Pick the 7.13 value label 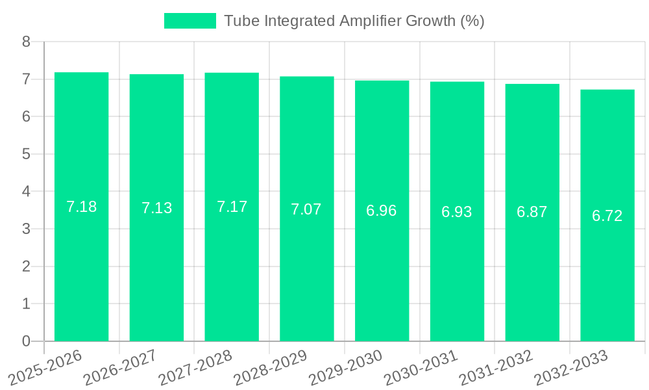(x=156, y=208)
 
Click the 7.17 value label (x=232, y=207)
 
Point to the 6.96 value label (x=382, y=211)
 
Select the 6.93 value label (x=457, y=211)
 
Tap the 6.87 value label (x=532, y=212)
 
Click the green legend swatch (x=190, y=21)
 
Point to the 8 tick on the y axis (x=26, y=42)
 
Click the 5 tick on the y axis (x=26, y=154)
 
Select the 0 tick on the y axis (x=26, y=341)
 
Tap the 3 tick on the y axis (x=26, y=229)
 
